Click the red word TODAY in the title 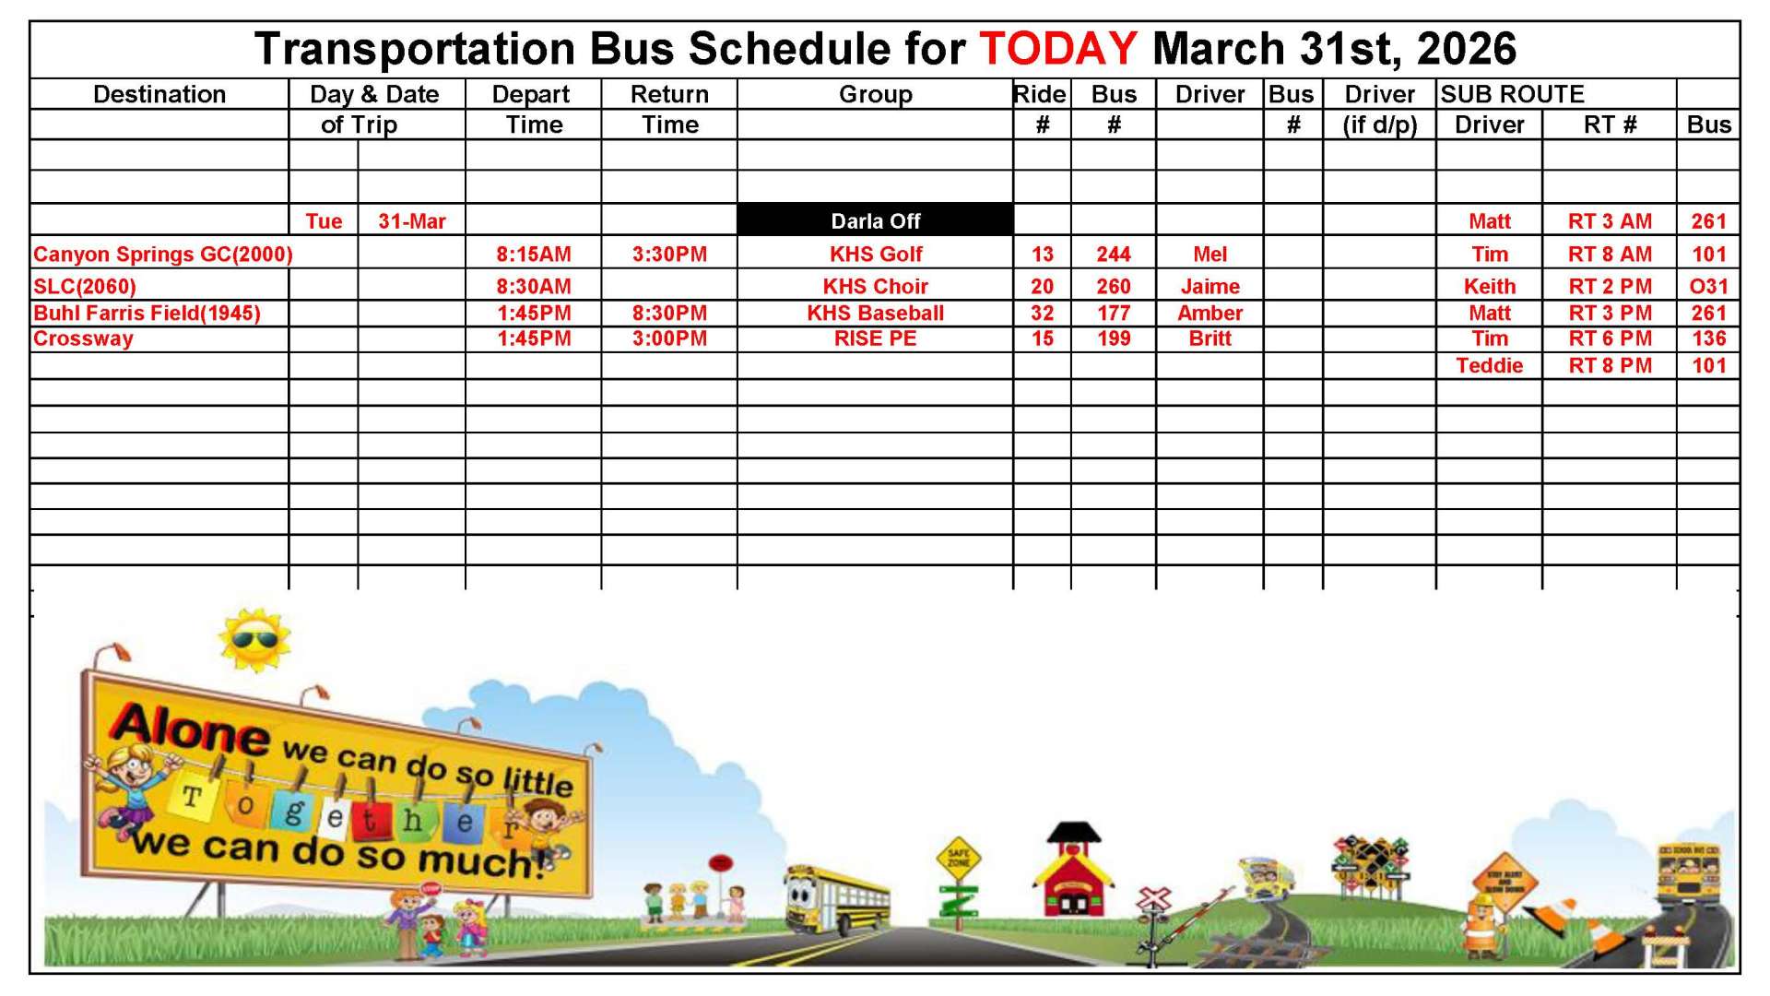coord(1057,49)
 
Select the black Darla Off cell coord(875,220)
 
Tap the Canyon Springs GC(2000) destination coord(162,255)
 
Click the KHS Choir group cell coord(875,286)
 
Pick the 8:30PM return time coord(669,313)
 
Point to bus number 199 coord(1113,338)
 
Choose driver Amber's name coord(1209,313)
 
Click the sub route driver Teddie coord(1489,365)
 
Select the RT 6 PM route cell coord(1610,338)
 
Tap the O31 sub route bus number coord(1708,286)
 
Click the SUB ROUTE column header coord(1512,94)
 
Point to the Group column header coord(875,94)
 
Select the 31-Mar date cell coord(411,221)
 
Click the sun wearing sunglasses coord(254,638)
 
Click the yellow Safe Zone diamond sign coord(958,858)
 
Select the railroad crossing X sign coord(1154,898)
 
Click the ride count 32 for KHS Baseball coord(1042,313)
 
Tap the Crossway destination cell coord(83,338)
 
